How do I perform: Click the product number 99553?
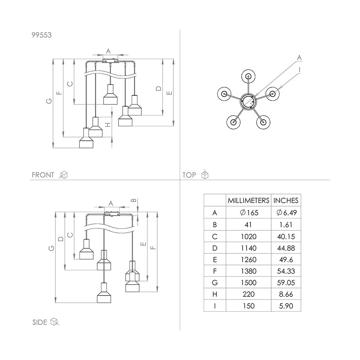coord(41,35)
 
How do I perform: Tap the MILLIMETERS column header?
coord(248,201)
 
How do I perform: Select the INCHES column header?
coord(286,201)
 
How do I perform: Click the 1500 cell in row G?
coord(249,283)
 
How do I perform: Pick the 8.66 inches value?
coord(286,294)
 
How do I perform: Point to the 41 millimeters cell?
coord(248,225)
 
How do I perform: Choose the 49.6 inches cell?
coord(286,260)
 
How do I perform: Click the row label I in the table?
coord(215,306)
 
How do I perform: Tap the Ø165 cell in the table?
coord(249,213)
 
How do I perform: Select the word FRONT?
coord(43,175)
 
